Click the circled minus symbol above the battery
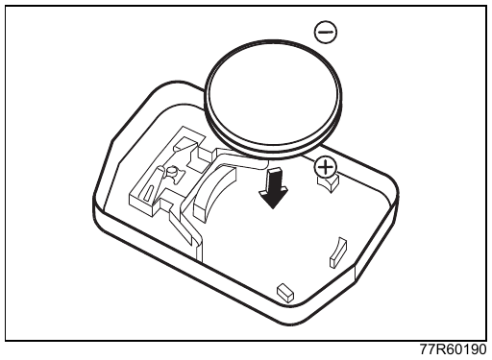click(x=326, y=32)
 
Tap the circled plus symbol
click(x=325, y=167)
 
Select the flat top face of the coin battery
click(x=272, y=93)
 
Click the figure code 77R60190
click(x=454, y=349)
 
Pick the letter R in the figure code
click(x=441, y=349)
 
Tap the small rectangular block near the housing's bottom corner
click(x=285, y=292)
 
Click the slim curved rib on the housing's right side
click(x=338, y=252)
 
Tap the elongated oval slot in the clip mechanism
click(x=149, y=194)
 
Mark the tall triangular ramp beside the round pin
click(x=158, y=184)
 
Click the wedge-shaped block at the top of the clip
click(x=184, y=145)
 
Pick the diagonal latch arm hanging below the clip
click(x=184, y=228)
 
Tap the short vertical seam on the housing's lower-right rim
click(x=355, y=275)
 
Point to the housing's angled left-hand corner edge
click(x=106, y=166)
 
